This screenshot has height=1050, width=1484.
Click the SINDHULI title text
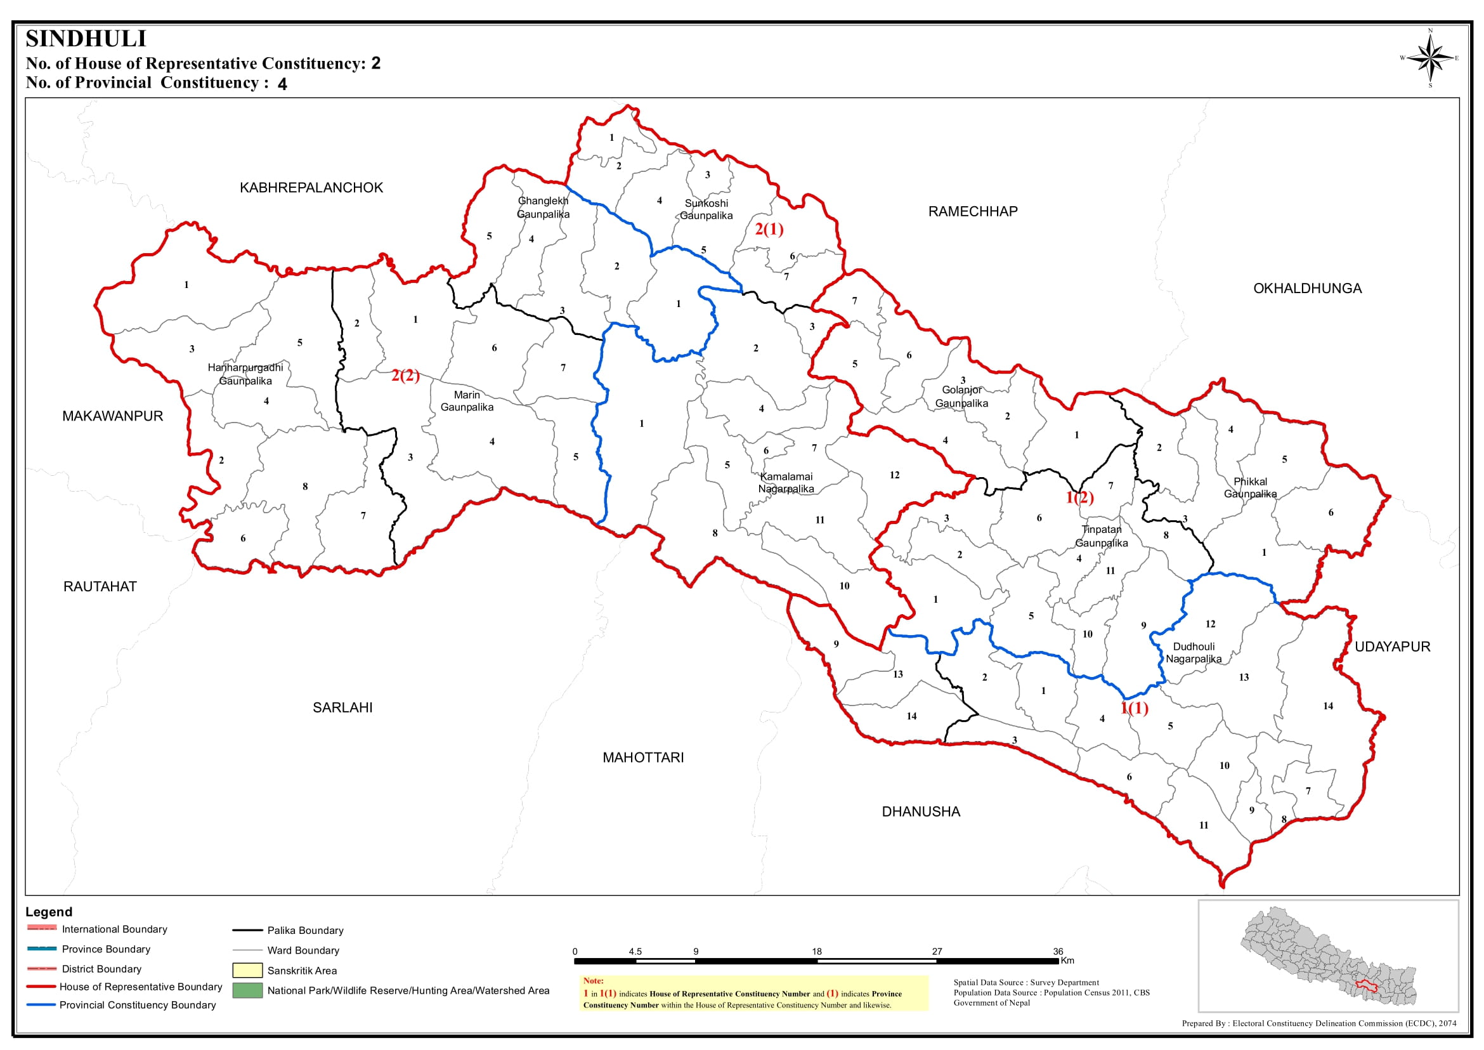coord(86,39)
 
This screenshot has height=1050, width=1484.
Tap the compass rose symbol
coord(1430,58)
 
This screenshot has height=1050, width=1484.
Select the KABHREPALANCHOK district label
coord(311,188)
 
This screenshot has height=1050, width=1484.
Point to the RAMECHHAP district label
coord(972,211)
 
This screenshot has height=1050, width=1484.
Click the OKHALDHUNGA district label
coord(1307,289)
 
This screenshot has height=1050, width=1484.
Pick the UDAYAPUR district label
coord(1391,646)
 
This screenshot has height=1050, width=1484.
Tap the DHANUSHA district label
coord(920,811)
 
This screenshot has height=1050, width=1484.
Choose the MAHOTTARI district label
coord(642,757)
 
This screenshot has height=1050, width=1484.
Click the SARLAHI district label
coord(342,707)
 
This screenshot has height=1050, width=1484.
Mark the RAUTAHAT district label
coord(100,586)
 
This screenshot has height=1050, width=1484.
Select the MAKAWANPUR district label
coord(112,416)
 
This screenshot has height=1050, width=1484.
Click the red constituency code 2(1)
coord(769,229)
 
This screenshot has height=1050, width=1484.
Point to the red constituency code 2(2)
coord(405,375)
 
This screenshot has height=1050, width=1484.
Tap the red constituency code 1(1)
coord(1135,708)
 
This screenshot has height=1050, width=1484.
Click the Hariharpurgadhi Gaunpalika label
coord(245,374)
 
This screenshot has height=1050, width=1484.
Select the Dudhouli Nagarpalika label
coord(1193,652)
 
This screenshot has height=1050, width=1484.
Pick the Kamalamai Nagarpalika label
coord(786,482)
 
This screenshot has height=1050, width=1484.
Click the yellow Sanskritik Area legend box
coord(247,971)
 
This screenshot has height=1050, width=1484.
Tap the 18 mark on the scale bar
coord(816,951)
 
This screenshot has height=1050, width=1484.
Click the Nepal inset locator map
coord(1328,955)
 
